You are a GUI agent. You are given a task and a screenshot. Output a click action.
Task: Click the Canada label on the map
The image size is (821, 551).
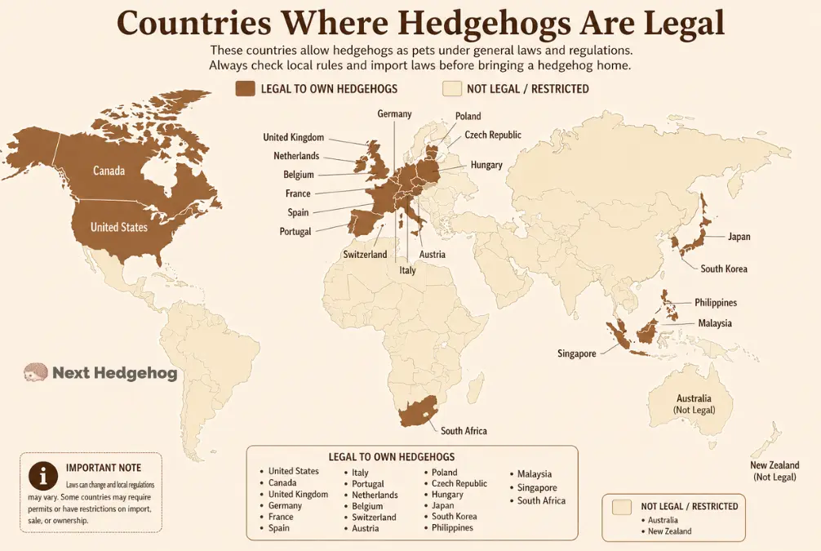(x=109, y=171)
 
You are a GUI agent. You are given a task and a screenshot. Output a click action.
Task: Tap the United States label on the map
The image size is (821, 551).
(x=118, y=227)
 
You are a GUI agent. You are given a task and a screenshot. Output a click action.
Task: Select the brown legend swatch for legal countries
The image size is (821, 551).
(x=245, y=88)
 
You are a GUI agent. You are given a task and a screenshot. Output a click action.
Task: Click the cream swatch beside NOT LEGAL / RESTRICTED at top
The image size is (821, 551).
(x=450, y=88)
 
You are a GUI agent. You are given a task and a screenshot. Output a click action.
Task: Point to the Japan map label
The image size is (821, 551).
(x=739, y=237)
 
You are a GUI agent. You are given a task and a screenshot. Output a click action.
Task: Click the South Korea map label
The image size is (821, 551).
(x=723, y=269)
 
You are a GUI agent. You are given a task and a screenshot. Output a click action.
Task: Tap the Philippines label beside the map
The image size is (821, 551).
(x=715, y=303)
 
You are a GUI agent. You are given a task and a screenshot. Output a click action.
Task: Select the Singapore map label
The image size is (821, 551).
(x=576, y=353)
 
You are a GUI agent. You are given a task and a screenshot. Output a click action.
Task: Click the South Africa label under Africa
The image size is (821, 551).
(x=464, y=431)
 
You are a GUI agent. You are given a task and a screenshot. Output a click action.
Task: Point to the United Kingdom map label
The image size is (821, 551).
(x=293, y=137)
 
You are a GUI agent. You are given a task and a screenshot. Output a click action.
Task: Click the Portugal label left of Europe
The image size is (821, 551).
(x=295, y=232)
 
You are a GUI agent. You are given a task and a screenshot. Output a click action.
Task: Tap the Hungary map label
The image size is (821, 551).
(x=486, y=165)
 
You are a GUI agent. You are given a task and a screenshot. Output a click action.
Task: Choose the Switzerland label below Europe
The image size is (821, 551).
(x=365, y=255)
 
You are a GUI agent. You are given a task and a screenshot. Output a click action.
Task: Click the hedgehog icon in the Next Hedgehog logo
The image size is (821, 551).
(x=35, y=372)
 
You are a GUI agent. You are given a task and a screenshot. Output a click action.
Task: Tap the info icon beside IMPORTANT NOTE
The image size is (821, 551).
(x=42, y=475)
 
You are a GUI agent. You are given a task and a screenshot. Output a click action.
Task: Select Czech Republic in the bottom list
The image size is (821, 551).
(x=459, y=483)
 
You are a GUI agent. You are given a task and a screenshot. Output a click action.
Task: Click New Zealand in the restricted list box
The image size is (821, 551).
(x=670, y=531)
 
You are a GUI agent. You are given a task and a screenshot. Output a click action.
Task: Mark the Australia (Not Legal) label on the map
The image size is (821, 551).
(x=693, y=403)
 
